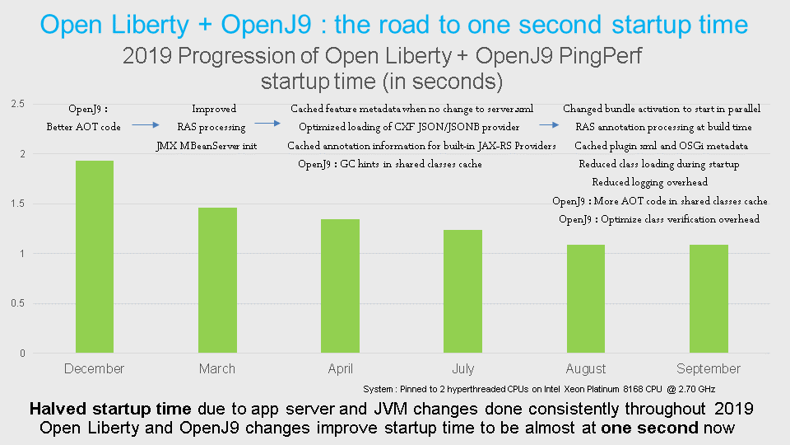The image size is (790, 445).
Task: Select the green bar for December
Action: (x=95, y=256)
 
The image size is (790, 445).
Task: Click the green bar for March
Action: (x=217, y=280)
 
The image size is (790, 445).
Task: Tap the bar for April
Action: (x=341, y=286)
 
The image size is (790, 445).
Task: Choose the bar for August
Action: (x=586, y=298)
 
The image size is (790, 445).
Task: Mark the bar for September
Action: (x=709, y=298)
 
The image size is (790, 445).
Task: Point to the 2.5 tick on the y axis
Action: (x=17, y=104)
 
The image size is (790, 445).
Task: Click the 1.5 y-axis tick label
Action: (x=17, y=204)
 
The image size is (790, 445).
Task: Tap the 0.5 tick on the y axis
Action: (x=17, y=303)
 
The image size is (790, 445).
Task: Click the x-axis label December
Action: (x=95, y=369)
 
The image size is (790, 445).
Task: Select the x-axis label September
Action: (x=709, y=369)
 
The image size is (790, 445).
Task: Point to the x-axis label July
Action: (x=463, y=369)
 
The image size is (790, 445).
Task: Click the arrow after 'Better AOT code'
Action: (x=145, y=125)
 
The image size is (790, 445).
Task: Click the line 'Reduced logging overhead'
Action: (x=648, y=182)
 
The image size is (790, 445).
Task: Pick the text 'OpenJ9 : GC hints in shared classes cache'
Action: (x=389, y=164)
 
